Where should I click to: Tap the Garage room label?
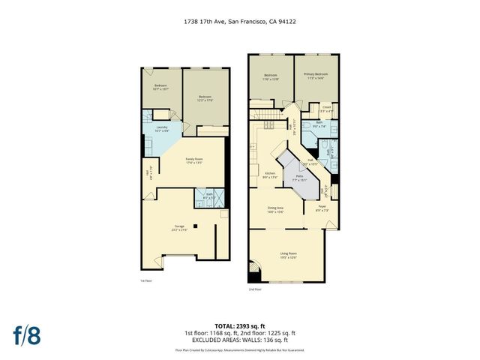pos(180,226)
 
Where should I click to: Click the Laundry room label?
pos(161,128)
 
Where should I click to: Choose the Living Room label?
pos(289,256)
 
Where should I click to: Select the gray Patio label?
pos(299,178)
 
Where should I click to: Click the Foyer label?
pos(322,211)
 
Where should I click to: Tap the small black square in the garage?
pos(196,226)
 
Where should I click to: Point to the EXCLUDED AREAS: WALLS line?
pos(240,341)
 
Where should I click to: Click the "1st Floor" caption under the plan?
pos(146,281)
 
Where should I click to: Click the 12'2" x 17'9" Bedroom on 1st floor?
pos(205,98)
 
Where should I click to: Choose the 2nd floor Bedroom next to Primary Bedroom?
pos(271,76)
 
